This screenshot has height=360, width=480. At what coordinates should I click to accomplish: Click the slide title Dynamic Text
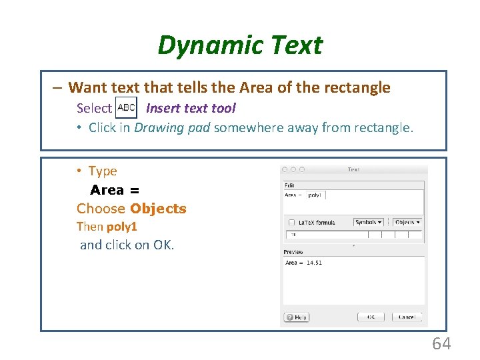coord(240,45)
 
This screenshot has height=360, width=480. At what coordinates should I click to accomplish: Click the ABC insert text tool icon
coord(126,107)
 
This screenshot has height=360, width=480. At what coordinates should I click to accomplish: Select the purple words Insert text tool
coord(191,108)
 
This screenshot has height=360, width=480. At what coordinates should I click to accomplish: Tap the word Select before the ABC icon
coord(94,108)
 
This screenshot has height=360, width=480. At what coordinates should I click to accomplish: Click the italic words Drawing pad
coord(172,127)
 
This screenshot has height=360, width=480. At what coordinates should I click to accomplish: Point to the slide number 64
coord(441,344)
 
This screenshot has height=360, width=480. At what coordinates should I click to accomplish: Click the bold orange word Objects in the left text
coord(159,209)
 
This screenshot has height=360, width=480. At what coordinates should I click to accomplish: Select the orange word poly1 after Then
coord(122,227)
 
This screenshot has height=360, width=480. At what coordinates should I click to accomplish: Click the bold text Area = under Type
coord(115,190)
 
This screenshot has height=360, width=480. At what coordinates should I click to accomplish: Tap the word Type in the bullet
coord(103,171)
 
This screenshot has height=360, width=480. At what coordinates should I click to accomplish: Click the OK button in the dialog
coord(371,317)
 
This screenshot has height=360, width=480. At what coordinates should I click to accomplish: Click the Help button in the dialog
coord(297,317)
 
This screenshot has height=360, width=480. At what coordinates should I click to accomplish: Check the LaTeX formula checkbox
coord(291,222)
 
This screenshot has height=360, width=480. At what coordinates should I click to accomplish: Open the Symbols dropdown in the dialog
coord(369,222)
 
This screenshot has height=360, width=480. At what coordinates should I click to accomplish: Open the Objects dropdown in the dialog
coord(407,222)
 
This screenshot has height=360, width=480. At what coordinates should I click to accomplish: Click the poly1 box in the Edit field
coord(315,195)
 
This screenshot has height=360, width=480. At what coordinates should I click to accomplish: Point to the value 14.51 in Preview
coord(314,263)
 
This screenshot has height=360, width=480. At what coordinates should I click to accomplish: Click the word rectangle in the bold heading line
coord(357,87)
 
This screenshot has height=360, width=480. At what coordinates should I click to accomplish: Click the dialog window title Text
coord(353,170)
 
